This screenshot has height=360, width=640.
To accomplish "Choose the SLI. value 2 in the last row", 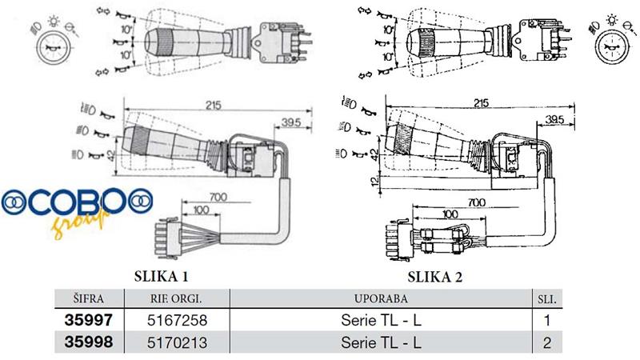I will pos(549,342).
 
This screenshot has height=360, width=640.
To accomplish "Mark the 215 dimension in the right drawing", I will pos(480,104).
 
